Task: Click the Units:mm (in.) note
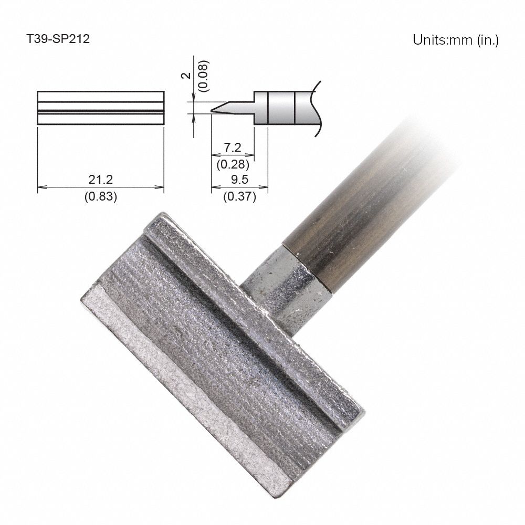[x=455, y=40]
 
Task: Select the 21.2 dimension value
[x=100, y=180]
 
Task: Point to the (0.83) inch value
[x=100, y=197]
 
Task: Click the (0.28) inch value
[x=232, y=164]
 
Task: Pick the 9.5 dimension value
[x=239, y=180]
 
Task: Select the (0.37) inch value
[x=239, y=197]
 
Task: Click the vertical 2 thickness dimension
[x=184, y=76]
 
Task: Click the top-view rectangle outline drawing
[x=101, y=108]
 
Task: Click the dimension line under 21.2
[x=100, y=187]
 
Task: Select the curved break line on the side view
[x=316, y=108]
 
